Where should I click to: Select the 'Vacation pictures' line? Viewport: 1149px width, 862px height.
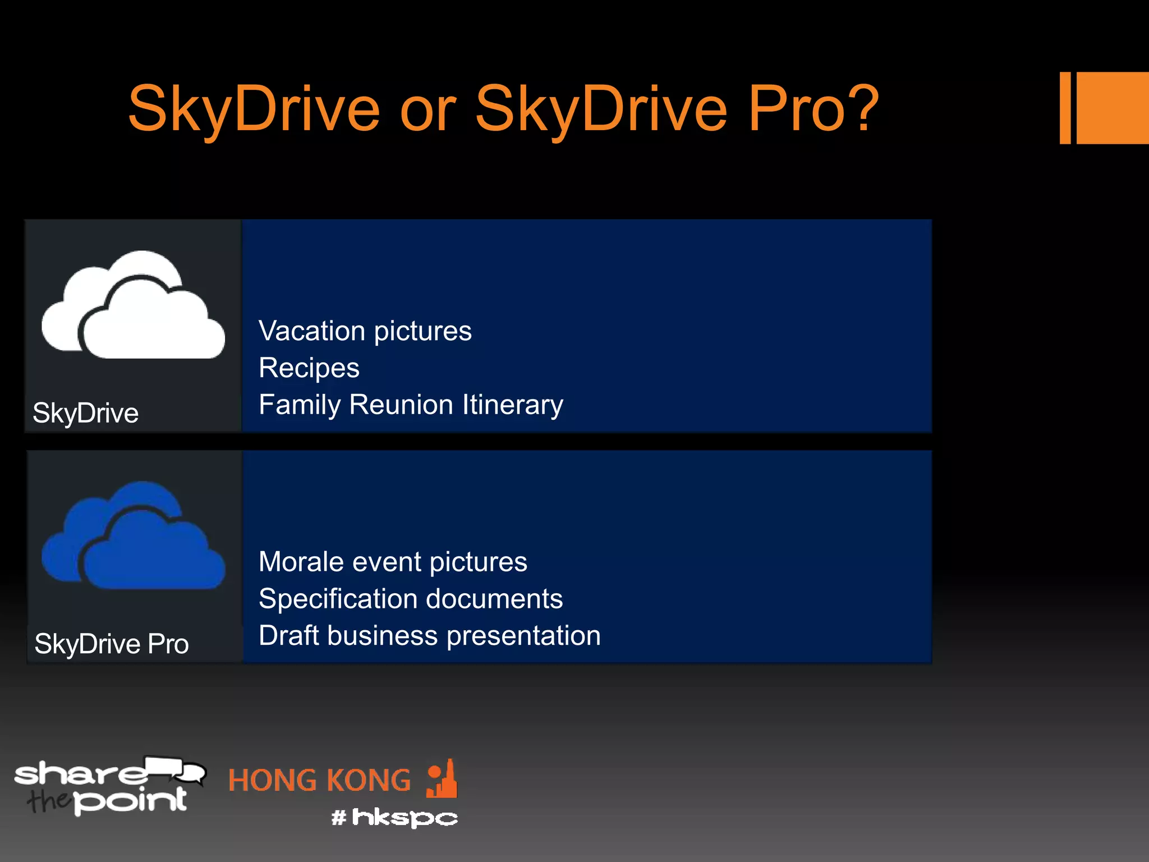(365, 331)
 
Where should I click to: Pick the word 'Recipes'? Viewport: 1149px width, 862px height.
(309, 368)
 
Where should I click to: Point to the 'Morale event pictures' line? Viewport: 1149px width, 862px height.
(393, 562)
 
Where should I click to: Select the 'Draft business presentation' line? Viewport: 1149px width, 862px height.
(429, 636)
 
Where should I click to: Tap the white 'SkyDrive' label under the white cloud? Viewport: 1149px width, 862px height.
(85, 413)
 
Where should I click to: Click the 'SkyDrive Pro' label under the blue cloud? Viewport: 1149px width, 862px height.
(111, 644)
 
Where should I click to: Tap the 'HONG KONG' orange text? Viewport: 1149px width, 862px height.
(319, 781)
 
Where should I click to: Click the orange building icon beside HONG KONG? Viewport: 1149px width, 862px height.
(442, 780)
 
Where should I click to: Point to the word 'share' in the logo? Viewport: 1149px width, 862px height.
(79, 774)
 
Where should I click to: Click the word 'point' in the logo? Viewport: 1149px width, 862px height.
(130, 800)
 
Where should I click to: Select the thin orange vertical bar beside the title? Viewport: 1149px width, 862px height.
(1065, 108)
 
